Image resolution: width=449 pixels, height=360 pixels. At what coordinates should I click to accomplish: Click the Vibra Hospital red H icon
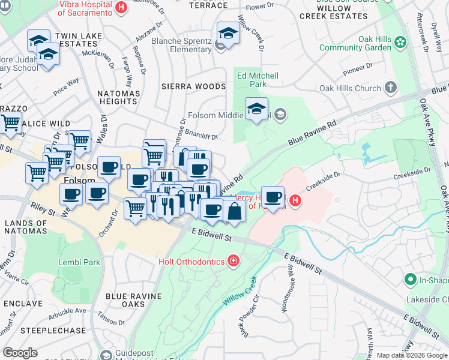(x=121, y=8)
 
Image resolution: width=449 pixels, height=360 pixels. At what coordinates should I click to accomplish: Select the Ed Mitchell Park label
(x=258, y=80)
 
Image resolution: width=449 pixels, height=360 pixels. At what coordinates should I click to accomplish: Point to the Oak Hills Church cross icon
(x=390, y=88)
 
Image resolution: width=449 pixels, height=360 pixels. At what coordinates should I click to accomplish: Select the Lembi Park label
(x=79, y=262)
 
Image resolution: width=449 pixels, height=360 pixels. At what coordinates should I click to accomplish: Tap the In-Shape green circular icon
(x=411, y=279)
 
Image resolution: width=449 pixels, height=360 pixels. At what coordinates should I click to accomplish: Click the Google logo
(x=20, y=353)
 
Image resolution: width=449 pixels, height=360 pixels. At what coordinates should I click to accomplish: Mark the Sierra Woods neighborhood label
(x=193, y=86)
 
